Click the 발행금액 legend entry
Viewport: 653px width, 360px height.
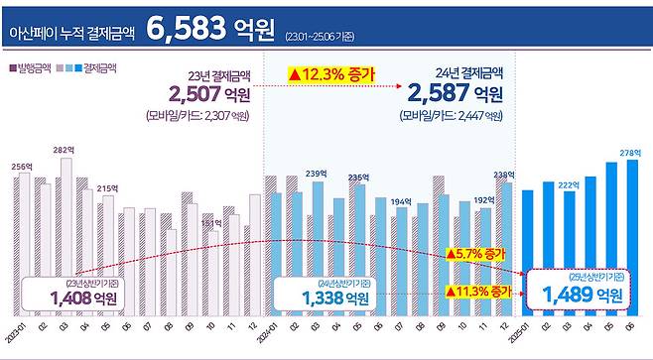tap(32, 67)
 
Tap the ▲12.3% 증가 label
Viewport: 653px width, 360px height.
tap(328, 73)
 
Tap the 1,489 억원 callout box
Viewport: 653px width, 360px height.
tap(578, 291)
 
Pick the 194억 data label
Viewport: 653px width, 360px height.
tap(400, 201)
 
